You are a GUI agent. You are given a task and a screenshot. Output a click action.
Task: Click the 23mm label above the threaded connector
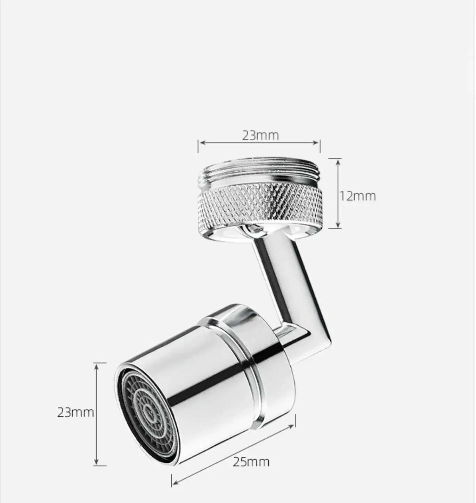point(260,135)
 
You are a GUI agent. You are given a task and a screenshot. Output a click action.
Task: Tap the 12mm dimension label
point(358,196)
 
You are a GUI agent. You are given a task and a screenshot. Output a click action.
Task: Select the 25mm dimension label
point(251,462)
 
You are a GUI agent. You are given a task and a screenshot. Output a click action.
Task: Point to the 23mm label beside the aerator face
point(75,412)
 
